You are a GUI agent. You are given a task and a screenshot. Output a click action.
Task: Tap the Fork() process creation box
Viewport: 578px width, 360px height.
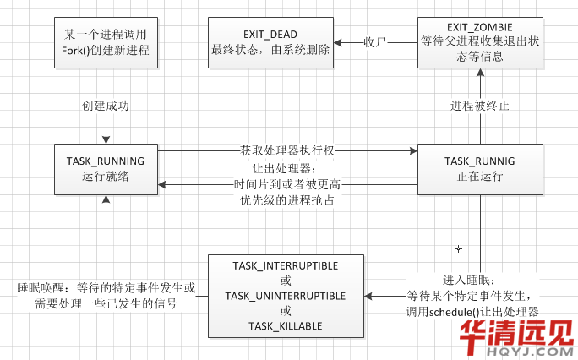coord(105,41)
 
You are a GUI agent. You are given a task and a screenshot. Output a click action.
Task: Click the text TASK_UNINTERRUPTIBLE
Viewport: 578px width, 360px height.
coord(285,295)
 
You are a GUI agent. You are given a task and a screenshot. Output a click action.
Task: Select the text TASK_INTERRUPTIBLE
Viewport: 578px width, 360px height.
coord(285,265)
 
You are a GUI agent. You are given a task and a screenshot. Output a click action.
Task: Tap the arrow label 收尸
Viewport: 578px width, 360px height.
coord(374,41)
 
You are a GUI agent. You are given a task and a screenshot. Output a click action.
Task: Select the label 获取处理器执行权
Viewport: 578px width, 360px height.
coord(287,151)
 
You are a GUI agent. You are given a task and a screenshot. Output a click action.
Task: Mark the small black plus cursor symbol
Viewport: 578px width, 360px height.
coord(458,248)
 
